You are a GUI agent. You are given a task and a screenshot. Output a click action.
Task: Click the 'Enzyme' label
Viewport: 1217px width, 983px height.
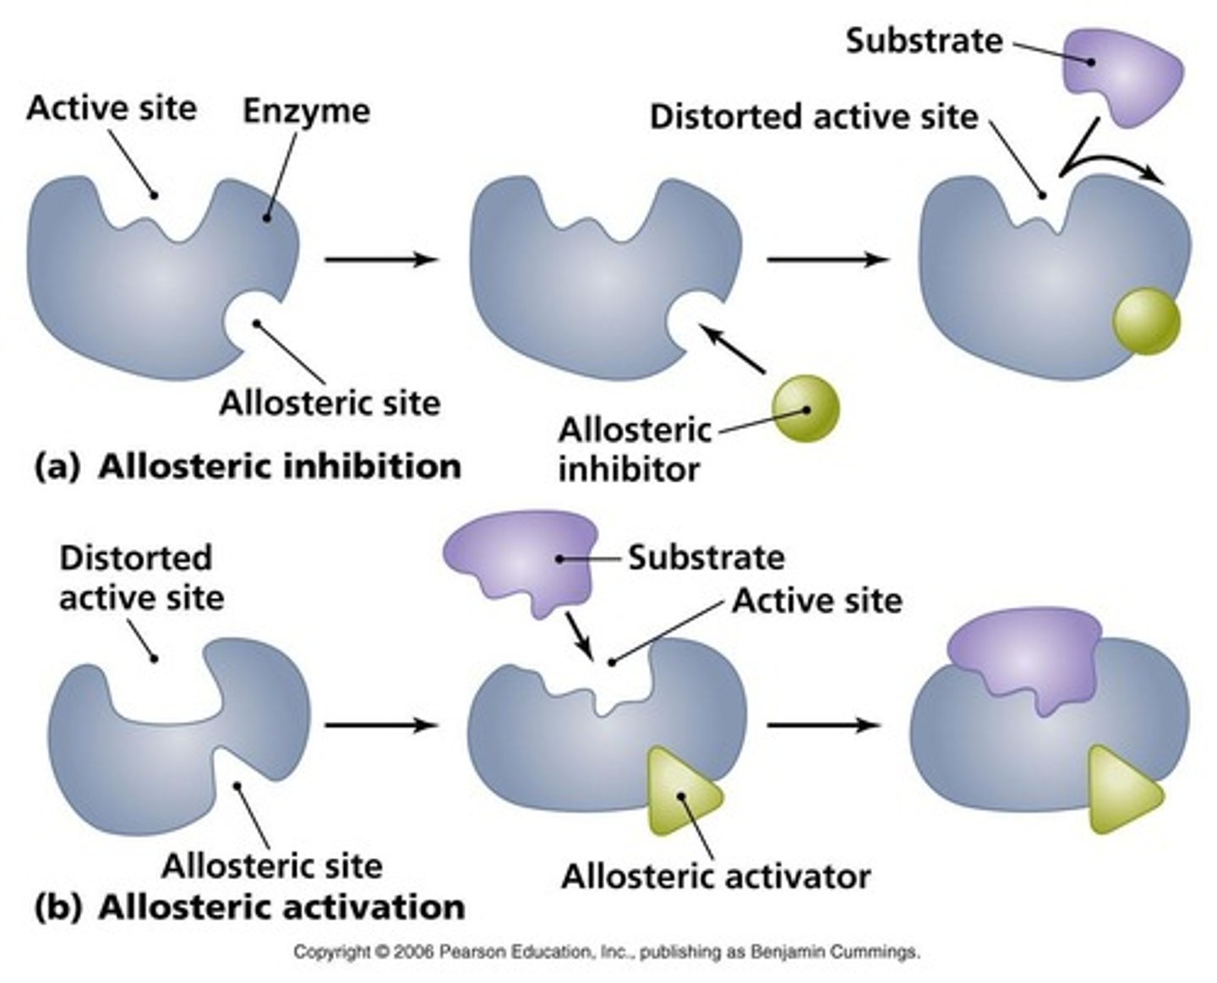pos(306,111)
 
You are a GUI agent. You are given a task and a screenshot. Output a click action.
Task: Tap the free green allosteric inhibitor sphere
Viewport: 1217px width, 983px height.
pos(805,408)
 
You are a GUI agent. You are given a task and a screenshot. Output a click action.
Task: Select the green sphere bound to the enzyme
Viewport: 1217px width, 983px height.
pos(1146,321)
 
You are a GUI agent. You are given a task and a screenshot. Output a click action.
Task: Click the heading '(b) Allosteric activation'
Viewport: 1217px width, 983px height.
pos(250,907)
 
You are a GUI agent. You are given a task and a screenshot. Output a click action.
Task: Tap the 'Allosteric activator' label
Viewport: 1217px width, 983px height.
pos(716,876)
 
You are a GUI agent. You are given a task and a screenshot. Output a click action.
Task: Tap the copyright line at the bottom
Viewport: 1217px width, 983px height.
pos(607,953)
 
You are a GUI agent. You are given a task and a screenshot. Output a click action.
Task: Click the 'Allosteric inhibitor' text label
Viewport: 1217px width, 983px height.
pos(633,449)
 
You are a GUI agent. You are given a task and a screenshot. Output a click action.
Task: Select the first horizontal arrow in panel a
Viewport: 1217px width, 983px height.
pos(381,259)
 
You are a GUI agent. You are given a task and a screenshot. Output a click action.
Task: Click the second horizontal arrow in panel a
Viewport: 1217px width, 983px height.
pos(826,259)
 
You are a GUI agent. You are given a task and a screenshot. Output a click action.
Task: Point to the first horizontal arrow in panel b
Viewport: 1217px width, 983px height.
pos(381,724)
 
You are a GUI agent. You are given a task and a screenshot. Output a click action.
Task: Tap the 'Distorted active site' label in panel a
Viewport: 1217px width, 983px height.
pos(813,117)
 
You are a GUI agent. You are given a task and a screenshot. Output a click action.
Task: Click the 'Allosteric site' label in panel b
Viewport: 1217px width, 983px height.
pos(271,866)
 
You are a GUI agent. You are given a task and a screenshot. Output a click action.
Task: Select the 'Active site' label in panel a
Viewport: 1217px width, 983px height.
pos(112,108)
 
